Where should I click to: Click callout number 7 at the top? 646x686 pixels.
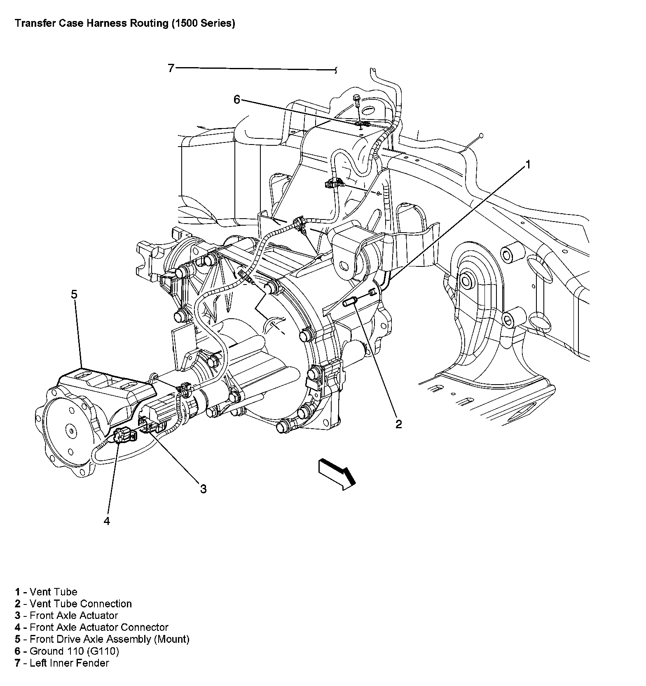click(x=171, y=68)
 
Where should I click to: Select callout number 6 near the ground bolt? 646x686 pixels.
click(x=236, y=100)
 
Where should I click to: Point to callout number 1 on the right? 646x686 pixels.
click(x=527, y=165)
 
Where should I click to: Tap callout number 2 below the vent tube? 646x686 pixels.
click(x=398, y=424)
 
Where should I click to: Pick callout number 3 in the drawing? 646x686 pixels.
click(x=203, y=489)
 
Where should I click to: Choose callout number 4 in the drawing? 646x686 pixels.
click(x=107, y=521)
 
